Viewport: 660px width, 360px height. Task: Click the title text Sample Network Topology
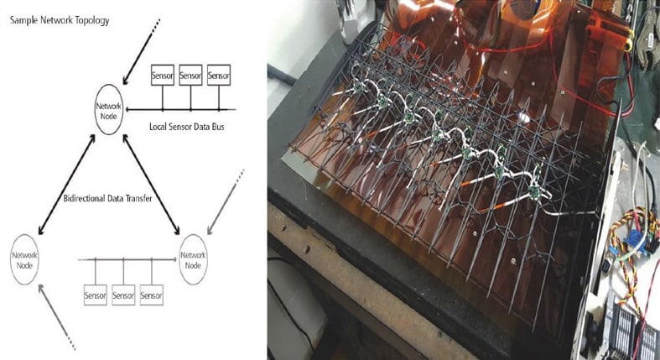coord(60,20)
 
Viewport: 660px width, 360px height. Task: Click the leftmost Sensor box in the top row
coord(163,75)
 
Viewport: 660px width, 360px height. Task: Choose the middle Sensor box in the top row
coord(190,75)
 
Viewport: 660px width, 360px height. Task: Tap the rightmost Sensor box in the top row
coord(219,75)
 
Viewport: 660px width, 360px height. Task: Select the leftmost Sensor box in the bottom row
coord(95,295)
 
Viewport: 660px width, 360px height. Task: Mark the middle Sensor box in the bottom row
coord(123,295)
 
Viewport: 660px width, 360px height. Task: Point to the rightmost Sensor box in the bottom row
coord(152,295)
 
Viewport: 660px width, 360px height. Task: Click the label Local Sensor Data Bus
coord(187,127)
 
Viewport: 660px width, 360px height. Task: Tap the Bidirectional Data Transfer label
coord(107,198)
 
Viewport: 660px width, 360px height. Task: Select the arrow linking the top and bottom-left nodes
coord(66,185)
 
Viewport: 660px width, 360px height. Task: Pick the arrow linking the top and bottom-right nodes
coord(151,185)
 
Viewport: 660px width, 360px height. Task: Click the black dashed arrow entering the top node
coord(142,51)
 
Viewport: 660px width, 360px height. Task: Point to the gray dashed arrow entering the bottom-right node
coord(226,201)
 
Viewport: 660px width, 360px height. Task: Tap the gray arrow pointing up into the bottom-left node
coord(57,317)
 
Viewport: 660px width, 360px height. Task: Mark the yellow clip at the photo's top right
coord(628,40)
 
